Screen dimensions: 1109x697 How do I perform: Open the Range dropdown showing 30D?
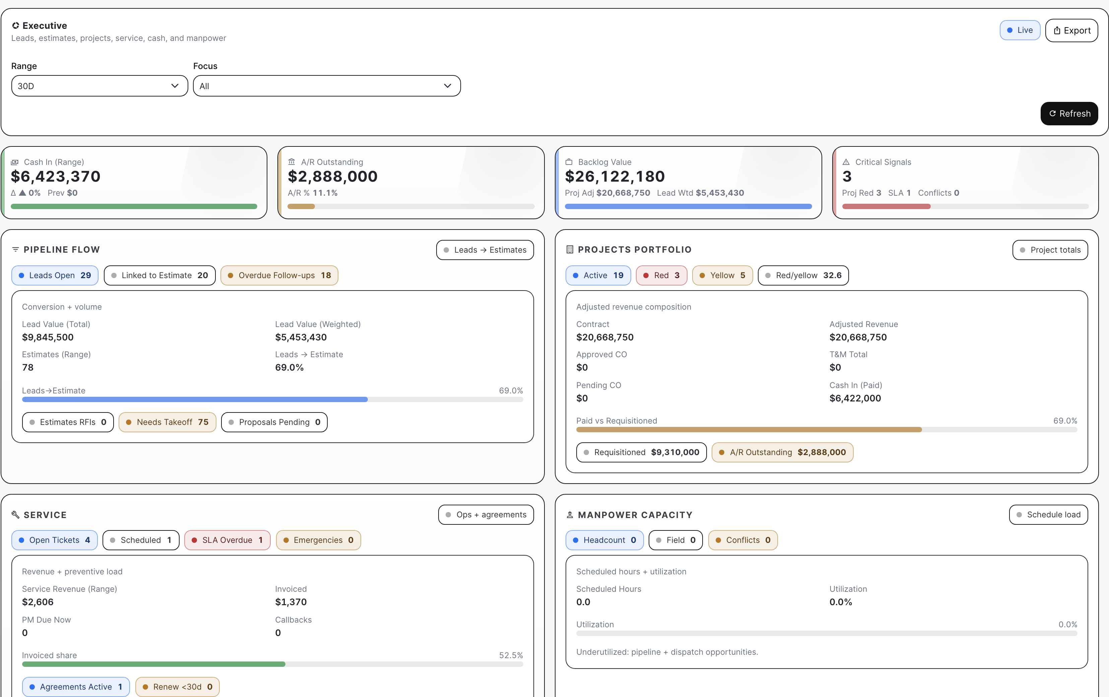(100, 86)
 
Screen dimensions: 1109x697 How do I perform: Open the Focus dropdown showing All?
(327, 86)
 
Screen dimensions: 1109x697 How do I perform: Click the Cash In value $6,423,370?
(56, 177)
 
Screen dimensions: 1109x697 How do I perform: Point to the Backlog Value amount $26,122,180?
(615, 177)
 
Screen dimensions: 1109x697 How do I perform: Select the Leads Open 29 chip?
(55, 275)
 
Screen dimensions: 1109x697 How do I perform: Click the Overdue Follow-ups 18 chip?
(279, 275)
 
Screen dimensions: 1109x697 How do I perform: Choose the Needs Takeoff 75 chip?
(167, 422)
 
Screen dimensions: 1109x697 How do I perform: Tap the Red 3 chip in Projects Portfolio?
(661, 275)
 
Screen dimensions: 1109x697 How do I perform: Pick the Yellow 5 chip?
(723, 275)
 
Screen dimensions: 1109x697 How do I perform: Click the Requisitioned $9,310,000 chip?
(642, 452)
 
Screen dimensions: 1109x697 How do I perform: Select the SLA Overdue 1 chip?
(227, 540)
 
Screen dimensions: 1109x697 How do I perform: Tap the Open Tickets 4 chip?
(55, 540)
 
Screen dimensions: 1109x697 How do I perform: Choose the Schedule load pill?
(1049, 515)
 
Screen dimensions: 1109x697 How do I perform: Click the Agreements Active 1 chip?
(76, 687)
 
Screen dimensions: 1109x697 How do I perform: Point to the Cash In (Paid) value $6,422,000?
(855, 398)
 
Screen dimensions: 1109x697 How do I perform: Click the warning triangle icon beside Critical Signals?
(846, 162)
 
